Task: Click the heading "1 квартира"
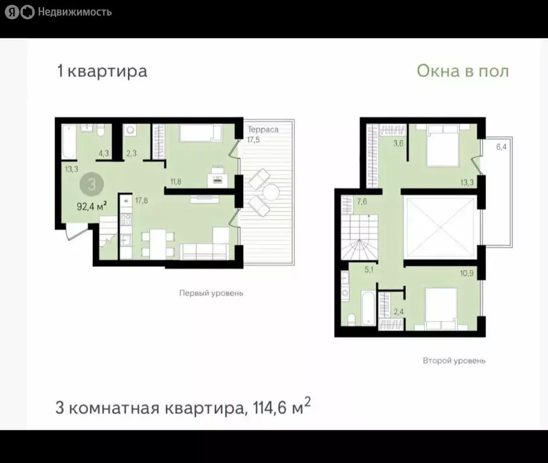click(x=101, y=71)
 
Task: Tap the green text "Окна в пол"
click(x=462, y=71)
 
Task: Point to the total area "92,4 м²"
click(x=92, y=205)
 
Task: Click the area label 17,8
click(x=142, y=201)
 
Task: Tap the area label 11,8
click(x=176, y=180)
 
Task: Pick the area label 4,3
click(x=103, y=153)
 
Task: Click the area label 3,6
click(x=398, y=143)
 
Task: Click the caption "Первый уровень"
click(x=211, y=294)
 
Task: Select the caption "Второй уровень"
click(x=454, y=361)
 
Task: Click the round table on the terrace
click(x=269, y=192)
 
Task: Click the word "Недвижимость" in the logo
click(x=74, y=11)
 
